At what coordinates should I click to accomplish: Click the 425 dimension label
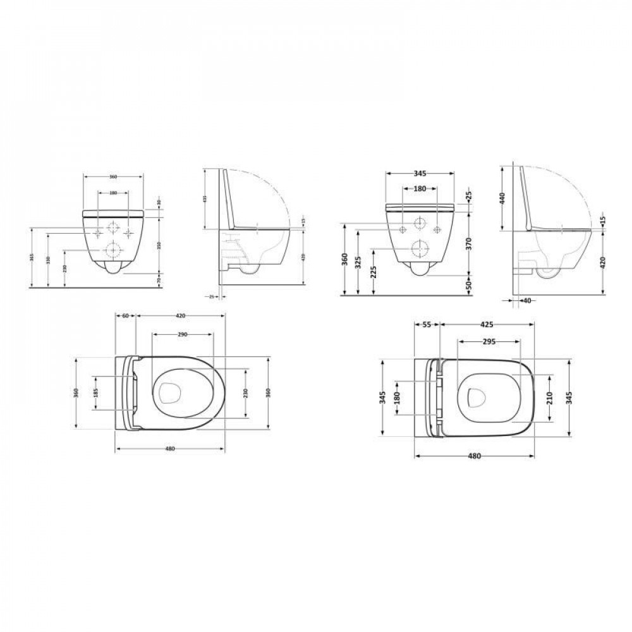(487, 324)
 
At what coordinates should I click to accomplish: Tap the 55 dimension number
(427, 324)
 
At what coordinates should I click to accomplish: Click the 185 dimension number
(95, 393)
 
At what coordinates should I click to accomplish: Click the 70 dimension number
(159, 278)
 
